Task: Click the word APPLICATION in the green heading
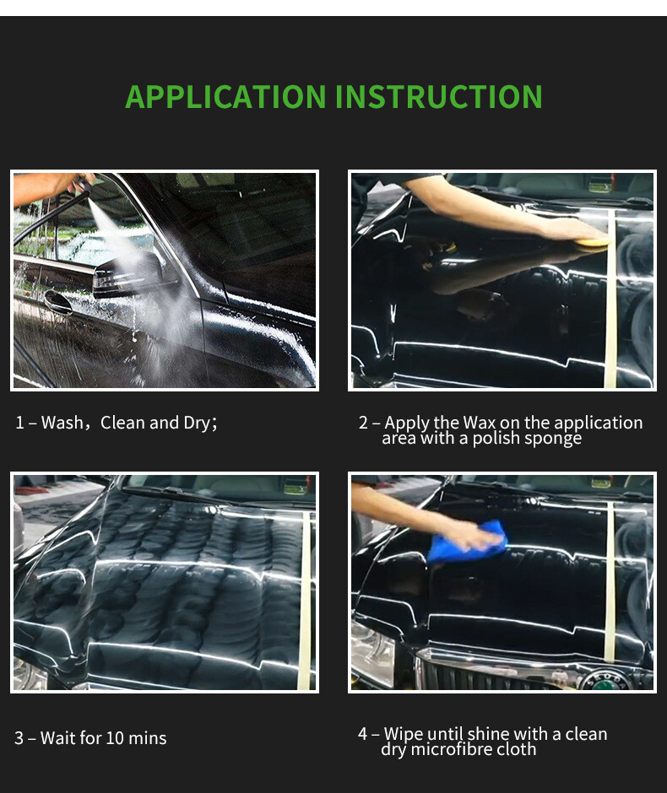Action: tap(225, 97)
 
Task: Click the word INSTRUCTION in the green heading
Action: tap(439, 97)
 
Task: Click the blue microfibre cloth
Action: tap(467, 542)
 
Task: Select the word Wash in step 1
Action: tap(62, 423)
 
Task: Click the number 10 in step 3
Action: tap(113, 738)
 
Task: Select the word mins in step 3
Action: tap(147, 738)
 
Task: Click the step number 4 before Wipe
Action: tap(362, 734)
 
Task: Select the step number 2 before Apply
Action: tap(363, 423)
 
